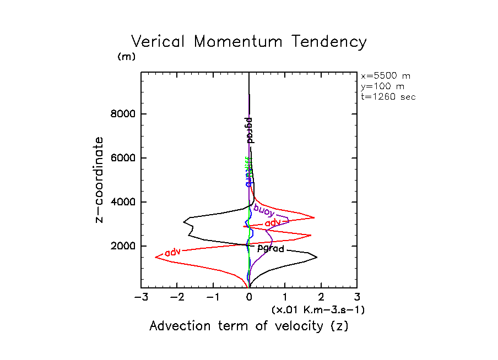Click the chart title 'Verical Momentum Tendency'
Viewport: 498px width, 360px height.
coord(248,42)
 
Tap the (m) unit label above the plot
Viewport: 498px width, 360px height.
coord(126,57)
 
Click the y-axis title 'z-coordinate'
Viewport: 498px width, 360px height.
coord(100,180)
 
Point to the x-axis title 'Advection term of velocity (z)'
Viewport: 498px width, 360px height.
coord(249,326)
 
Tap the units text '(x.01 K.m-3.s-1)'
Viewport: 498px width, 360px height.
coord(318,310)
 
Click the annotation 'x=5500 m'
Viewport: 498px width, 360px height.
coord(386,76)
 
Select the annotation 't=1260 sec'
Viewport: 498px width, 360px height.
coord(388,96)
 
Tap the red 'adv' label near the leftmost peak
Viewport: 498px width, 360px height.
coord(173,252)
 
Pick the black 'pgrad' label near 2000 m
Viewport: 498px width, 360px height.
coord(270,249)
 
